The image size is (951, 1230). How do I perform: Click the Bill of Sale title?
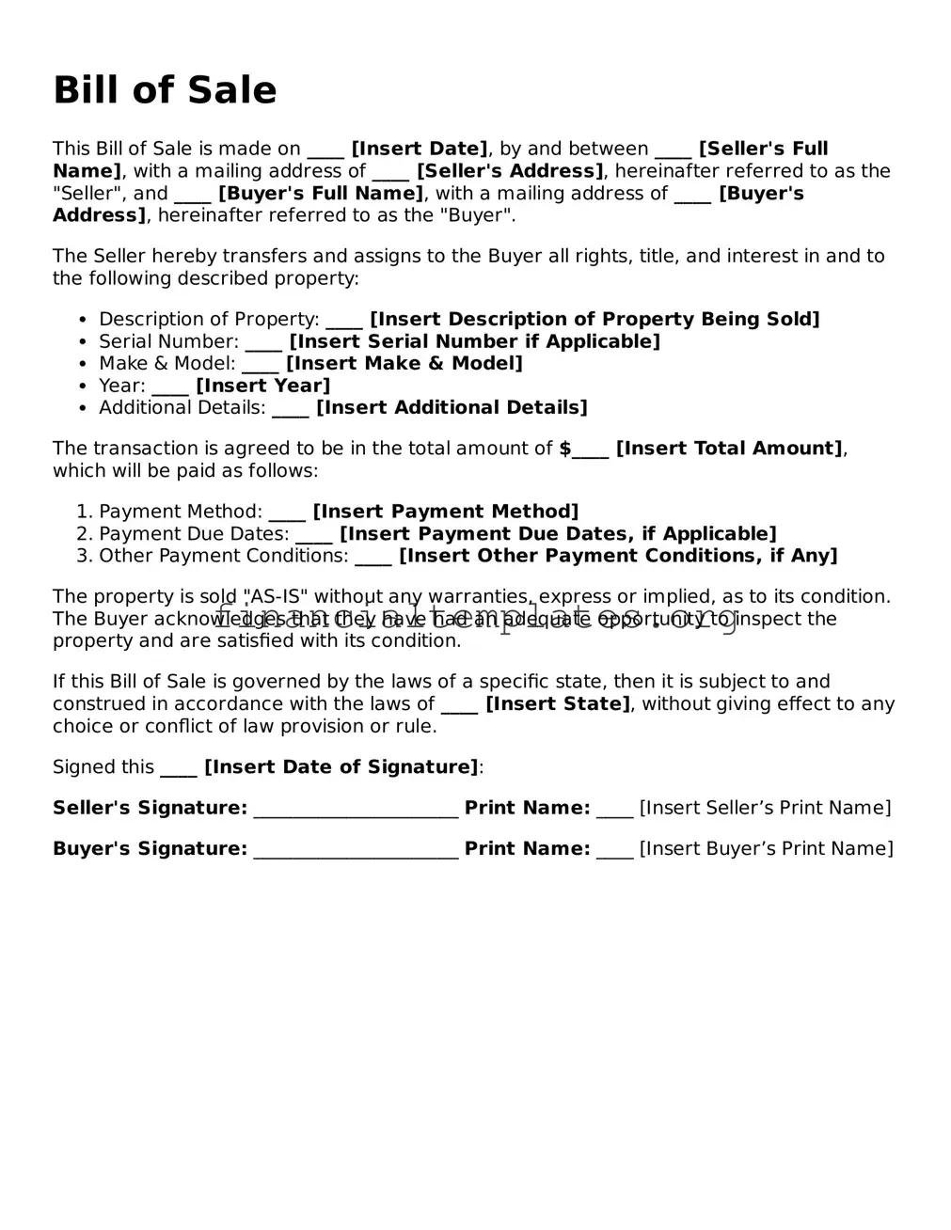[x=165, y=90]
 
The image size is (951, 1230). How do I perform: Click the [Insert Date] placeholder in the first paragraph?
[x=420, y=149]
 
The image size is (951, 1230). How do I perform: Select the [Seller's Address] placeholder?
[x=510, y=171]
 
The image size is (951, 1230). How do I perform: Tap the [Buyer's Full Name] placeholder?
[x=321, y=194]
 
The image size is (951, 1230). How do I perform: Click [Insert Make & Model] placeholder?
[x=404, y=364]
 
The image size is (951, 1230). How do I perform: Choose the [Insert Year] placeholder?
[x=263, y=386]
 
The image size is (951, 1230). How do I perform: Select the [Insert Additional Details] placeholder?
[x=452, y=408]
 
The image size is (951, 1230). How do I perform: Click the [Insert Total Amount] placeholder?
[x=730, y=449]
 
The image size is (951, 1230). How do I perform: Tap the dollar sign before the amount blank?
[x=565, y=449]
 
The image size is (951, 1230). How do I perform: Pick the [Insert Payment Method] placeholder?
[x=446, y=512]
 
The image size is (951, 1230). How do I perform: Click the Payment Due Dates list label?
[x=194, y=534]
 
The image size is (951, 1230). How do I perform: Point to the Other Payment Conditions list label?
[x=224, y=556]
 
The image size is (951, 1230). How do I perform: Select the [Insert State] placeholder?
[x=558, y=704]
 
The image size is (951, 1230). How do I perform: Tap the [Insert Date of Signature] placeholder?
[x=341, y=767]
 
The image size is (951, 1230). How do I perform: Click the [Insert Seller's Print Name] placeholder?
[x=765, y=809]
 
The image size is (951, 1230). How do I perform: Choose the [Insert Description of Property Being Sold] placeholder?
[x=594, y=320]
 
